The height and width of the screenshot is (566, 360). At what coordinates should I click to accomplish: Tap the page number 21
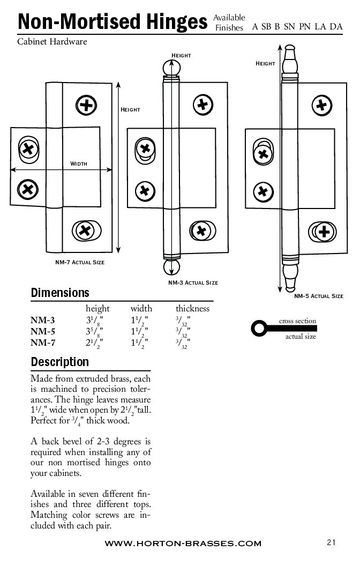[x=331, y=542]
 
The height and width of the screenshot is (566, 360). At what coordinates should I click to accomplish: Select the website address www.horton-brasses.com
[x=183, y=543]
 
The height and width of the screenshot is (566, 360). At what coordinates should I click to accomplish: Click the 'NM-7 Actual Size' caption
[x=80, y=262]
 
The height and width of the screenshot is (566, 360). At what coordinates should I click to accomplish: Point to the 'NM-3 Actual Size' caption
[x=193, y=282]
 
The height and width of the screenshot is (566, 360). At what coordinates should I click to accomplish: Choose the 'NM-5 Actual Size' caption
[x=318, y=296]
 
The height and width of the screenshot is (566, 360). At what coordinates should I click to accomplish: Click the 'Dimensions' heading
[x=60, y=293]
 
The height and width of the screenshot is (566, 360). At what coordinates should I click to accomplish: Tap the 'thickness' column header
[x=192, y=309]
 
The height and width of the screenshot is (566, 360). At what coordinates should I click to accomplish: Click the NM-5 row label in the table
[x=43, y=331]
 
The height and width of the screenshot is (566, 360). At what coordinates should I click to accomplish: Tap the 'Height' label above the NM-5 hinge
[x=265, y=64]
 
